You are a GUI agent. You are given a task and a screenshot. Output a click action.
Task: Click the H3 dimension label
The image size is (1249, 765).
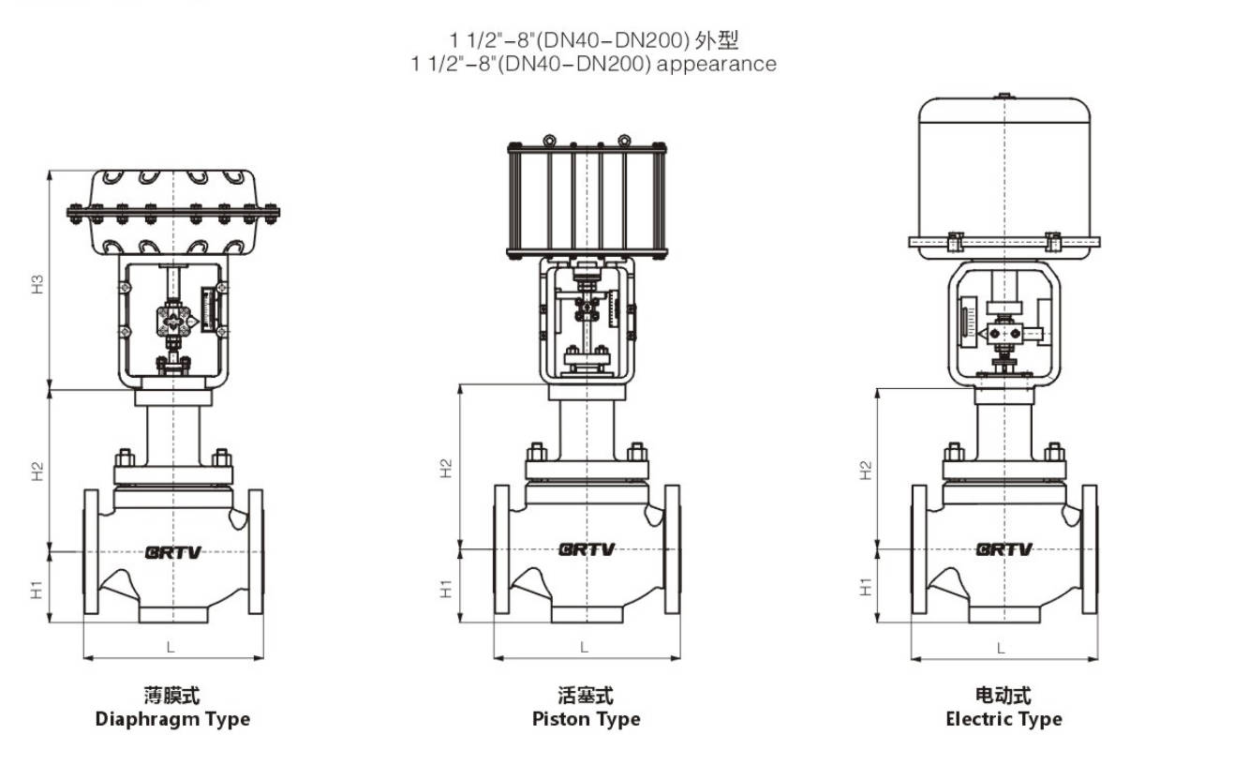pos(37,283)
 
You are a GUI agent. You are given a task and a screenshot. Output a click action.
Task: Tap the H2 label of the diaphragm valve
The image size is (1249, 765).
pos(37,472)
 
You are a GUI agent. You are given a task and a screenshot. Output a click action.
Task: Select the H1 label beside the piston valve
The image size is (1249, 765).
pos(447,588)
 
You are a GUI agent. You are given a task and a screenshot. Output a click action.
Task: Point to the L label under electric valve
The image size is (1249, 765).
pos(1001,648)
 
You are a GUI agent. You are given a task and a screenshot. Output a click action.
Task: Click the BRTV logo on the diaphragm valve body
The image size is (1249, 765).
pos(173,551)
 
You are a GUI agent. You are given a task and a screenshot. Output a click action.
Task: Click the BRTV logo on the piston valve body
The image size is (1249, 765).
pos(587,549)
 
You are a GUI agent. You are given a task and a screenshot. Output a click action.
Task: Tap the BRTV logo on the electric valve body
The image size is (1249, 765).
pos(1004,549)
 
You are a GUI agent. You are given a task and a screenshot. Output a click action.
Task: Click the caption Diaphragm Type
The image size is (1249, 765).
pos(172,719)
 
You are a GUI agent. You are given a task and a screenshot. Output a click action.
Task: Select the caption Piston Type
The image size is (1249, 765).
pos(586,719)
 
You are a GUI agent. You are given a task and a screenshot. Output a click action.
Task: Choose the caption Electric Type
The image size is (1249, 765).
pos(1004,719)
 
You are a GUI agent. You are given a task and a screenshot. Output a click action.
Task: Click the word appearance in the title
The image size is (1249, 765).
pos(716,64)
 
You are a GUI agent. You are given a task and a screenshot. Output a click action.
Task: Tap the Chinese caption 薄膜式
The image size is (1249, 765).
pos(172,696)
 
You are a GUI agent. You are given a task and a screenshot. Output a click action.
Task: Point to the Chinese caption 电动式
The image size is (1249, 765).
pos(1004,696)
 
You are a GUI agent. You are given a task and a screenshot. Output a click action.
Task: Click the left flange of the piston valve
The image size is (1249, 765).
pos(502,549)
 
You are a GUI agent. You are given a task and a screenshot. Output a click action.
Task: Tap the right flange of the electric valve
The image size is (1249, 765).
pos(1089,549)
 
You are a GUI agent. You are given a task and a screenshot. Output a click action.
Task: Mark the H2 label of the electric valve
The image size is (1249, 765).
pos(866,470)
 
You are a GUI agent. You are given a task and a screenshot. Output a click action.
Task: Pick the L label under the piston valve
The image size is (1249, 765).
pos(585,647)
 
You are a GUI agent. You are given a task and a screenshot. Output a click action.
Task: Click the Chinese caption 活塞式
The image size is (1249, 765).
pos(586,696)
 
